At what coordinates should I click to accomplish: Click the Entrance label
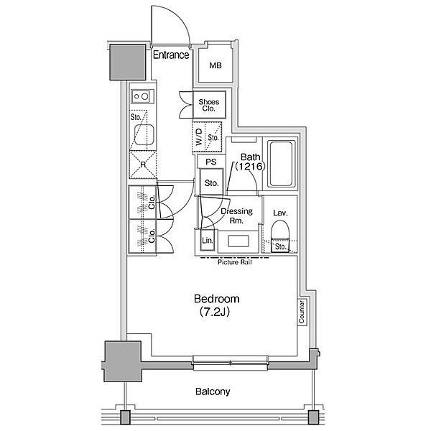pos(171,55)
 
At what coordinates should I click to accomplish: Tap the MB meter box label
pos(215,65)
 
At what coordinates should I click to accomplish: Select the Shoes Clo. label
pos(209,106)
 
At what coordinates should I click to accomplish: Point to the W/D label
pos(199,137)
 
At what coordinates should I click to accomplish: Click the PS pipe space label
pos(211,162)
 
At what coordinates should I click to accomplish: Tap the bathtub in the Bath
pos(280,164)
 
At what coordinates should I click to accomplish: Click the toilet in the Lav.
pos(280,236)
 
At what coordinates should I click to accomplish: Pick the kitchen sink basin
pos(144,135)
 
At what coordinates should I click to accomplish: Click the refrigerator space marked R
pos(143,164)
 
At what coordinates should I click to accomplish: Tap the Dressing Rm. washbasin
pos(238,241)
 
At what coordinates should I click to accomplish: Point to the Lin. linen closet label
pos(208,241)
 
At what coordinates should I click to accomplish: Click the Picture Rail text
pos(235,262)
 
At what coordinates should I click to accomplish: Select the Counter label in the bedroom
pos(302,312)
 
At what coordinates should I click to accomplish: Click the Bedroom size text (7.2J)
pos(215,312)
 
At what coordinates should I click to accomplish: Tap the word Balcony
pos(213,391)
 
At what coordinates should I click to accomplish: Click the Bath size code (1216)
pos(250,167)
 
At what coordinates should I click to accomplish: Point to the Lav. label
pos(280,213)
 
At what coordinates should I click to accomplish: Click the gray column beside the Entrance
pos(128,62)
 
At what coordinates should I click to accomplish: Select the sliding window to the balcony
pos(230,363)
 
